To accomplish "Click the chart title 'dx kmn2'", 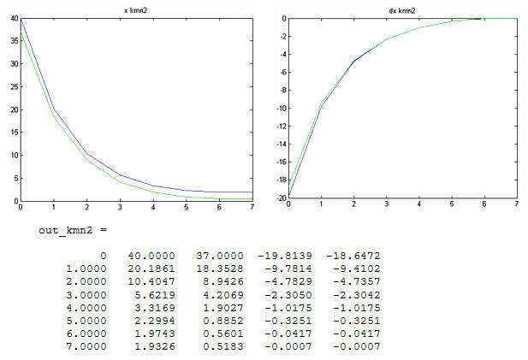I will [402, 9].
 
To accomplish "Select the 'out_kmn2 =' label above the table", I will [73, 231].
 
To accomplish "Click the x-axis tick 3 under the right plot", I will [386, 205].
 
